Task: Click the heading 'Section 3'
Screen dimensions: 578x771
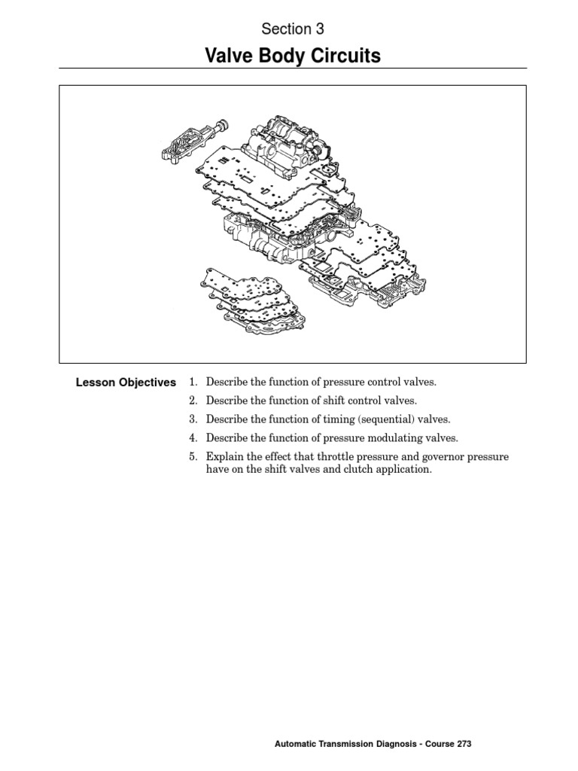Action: (x=292, y=29)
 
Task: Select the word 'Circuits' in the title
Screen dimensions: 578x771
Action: (x=348, y=56)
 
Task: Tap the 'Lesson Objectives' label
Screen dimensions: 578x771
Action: (x=126, y=382)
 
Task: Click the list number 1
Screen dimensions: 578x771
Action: (x=193, y=382)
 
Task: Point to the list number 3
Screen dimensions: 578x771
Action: (x=193, y=419)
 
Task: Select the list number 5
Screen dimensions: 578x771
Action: (x=193, y=457)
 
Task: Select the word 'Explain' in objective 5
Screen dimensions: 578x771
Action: (x=224, y=457)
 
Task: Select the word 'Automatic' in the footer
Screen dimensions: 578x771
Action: (x=297, y=744)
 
